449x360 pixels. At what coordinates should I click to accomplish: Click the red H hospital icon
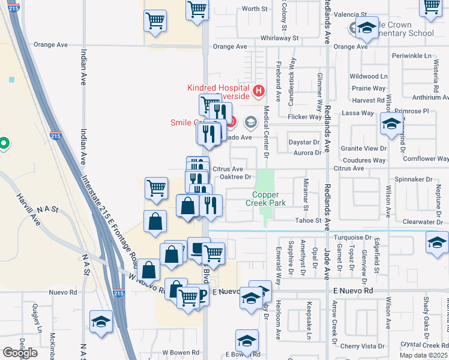coord(259,91)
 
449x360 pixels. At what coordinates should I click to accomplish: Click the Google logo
coord(20,353)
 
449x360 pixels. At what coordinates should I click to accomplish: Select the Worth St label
coord(255,8)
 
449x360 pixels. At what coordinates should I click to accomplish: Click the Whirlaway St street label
coord(279,38)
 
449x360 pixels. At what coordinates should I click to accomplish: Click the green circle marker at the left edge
coord(4,143)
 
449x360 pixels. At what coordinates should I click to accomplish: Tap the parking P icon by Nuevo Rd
coord(202,294)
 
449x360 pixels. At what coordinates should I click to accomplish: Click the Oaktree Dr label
coord(235,177)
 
